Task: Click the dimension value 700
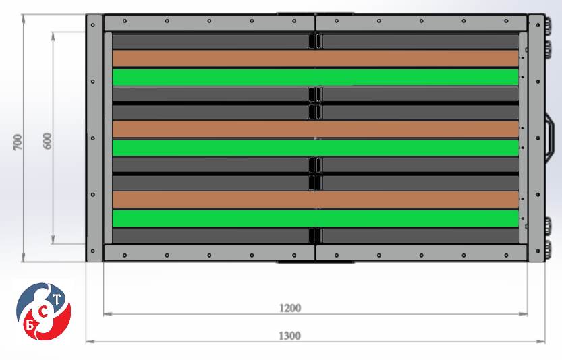pyautogui.click(x=18, y=142)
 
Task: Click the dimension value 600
pyautogui.click(x=47, y=141)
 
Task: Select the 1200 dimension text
pyautogui.click(x=290, y=308)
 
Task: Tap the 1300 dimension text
pyautogui.click(x=289, y=336)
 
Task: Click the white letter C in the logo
pyautogui.click(x=43, y=313)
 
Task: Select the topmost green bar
pyautogui.click(x=316, y=77)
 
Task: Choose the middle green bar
pyautogui.click(x=316, y=148)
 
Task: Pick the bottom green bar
pyautogui.click(x=316, y=218)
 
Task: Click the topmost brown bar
pyautogui.click(x=316, y=58)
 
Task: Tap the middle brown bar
pyautogui.click(x=316, y=129)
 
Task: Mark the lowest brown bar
pyautogui.click(x=316, y=200)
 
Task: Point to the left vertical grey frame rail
pyautogui.click(x=94, y=138)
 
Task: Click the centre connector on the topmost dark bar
pyautogui.click(x=316, y=41)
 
